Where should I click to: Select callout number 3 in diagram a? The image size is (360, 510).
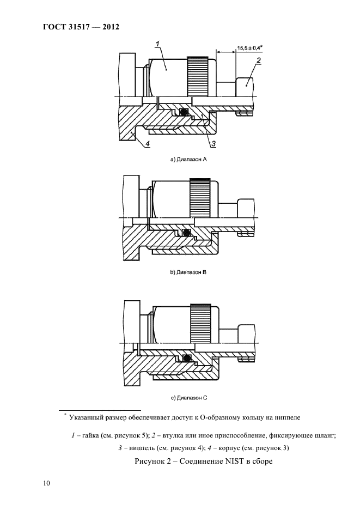213,143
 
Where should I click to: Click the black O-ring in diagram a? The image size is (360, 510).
184,113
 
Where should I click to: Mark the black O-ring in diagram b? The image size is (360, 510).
186,234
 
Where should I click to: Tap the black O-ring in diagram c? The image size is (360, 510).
187,358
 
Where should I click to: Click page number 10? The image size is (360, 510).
46,482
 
